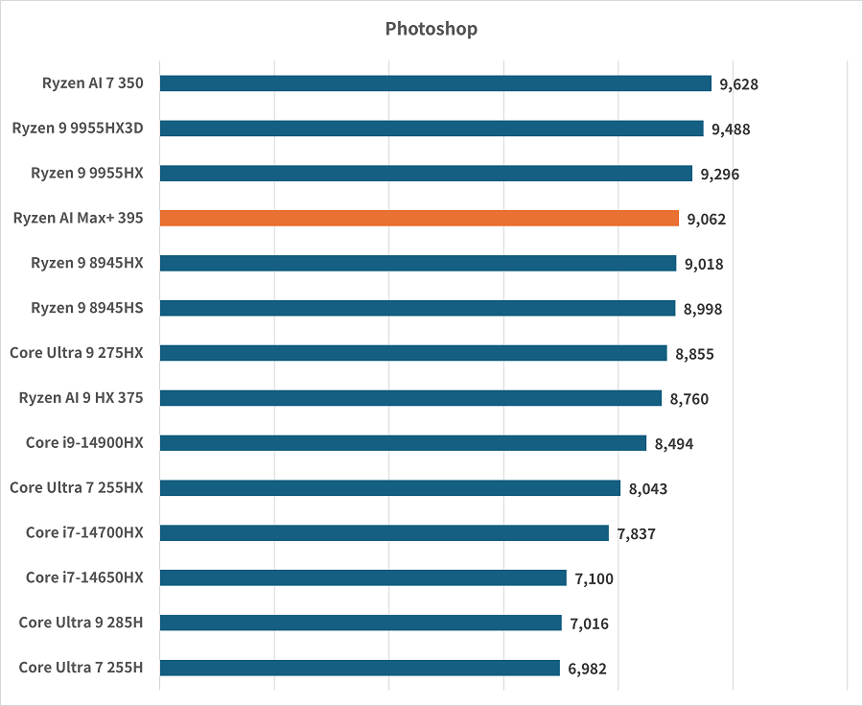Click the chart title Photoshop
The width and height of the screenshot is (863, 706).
coord(431,29)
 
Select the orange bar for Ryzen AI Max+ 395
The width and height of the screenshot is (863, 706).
coord(419,218)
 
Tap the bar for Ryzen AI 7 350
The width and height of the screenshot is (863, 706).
coord(435,83)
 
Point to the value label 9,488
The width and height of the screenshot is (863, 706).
coord(732,129)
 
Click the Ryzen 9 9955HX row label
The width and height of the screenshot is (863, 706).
coord(86,173)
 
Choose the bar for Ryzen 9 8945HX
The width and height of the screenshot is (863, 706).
coord(418,263)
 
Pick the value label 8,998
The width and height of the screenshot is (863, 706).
coord(703,309)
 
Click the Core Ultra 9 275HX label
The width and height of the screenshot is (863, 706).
coord(77,352)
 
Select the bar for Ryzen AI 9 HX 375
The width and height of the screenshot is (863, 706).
coord(410,398)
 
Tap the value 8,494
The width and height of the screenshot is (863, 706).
coord(674,444)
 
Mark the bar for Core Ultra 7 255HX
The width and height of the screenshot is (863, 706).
coord(390,488)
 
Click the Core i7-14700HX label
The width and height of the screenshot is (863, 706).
coord(84,532)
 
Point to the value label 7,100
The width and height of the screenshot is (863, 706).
coord(595,578)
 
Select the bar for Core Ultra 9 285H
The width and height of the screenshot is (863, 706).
coord(361,623)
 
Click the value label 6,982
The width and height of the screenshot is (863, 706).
coord(587,670)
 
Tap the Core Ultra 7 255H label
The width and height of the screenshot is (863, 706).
coord(81,667)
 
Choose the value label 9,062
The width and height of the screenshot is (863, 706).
coord(707,220)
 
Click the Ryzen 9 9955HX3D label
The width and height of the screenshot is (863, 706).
coord(78,128)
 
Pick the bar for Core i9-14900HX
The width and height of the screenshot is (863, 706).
coord(403,443)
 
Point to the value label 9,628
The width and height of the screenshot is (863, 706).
coord(739,84)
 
